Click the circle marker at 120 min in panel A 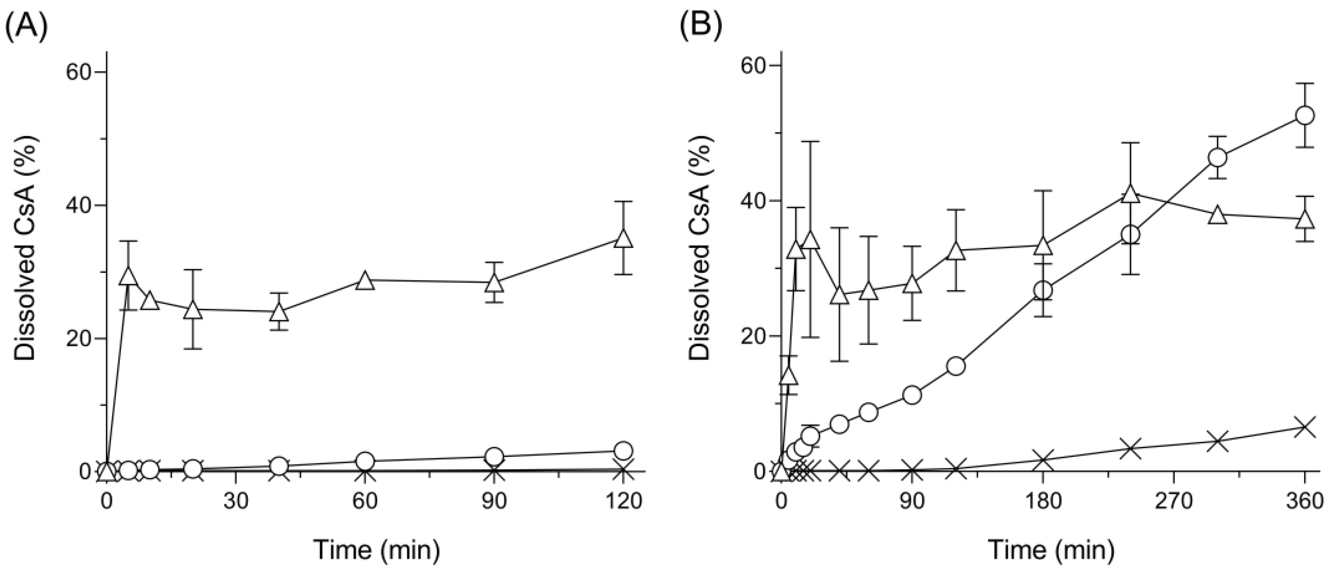point(623,450)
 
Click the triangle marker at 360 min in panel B point(1305,219)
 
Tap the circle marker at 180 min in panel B point(1043,291)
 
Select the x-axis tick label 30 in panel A point(236,502)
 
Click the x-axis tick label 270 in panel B point(1174,502)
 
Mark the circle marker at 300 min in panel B point(1217,158)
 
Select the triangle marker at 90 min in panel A point(494,283)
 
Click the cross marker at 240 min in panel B point(1130,448)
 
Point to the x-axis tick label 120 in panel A point(623,502)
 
